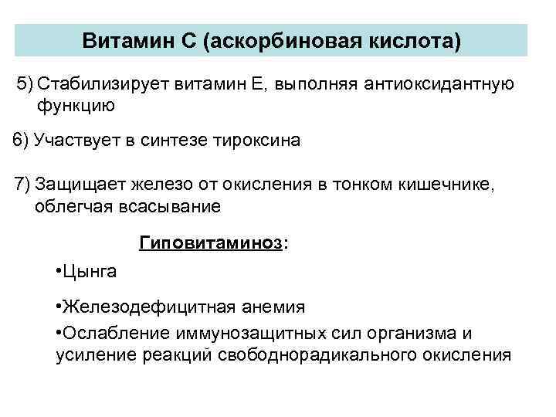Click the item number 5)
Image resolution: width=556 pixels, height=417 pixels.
[26, 83]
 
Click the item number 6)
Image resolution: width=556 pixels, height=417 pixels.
[22, 141]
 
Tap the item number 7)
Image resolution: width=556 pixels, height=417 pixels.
[22, 185]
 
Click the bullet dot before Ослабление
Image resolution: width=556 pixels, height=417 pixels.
[59, 333]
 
